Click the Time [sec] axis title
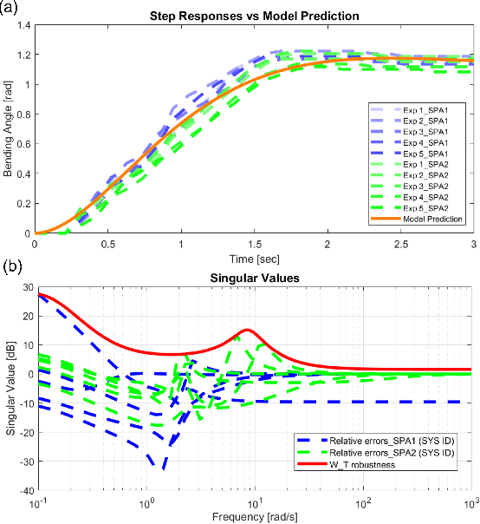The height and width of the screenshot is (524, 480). [x=255, y=259]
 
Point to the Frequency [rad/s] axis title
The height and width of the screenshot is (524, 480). [x=255, y=515]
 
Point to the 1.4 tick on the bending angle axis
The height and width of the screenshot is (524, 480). [x=23, y=27]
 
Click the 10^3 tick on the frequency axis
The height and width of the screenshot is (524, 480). [x=472, y=503]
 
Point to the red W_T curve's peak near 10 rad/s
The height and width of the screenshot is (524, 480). [x=248, y=330]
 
